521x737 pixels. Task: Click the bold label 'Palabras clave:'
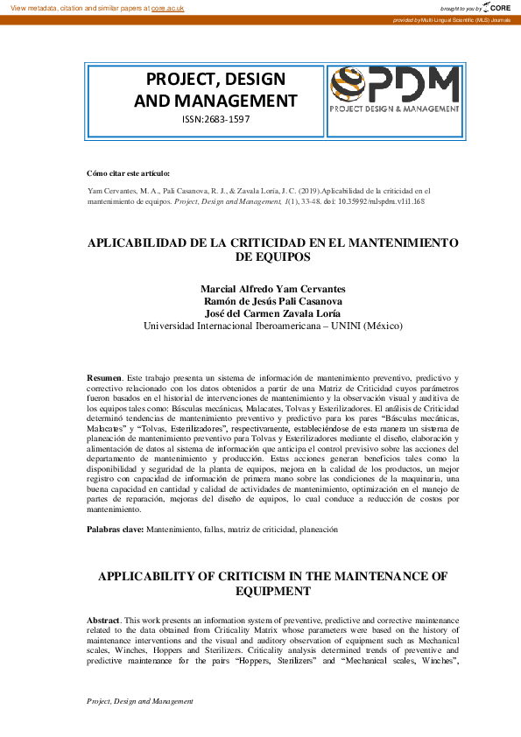(x=114, y=530)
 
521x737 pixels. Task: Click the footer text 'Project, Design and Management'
(x=140, y=702)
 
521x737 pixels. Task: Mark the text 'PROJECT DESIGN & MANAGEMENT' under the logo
(x=394, y=109)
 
